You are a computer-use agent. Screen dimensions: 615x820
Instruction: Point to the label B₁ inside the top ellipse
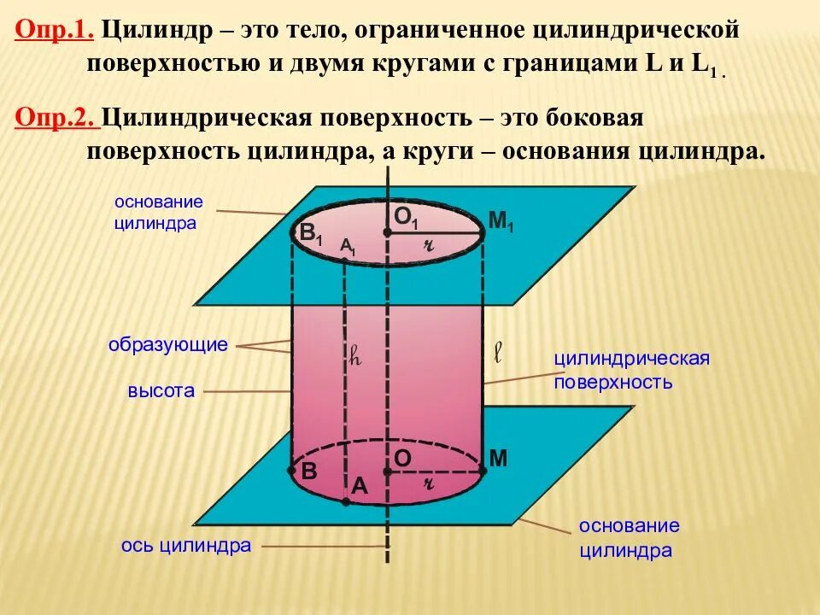309,233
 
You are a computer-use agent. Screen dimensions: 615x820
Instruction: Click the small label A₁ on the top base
348,247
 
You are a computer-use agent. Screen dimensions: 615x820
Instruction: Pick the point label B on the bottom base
308,471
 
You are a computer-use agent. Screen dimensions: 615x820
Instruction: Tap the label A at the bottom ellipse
359,486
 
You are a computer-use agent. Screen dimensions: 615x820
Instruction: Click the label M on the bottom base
499,459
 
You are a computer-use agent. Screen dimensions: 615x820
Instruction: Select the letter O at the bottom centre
402,459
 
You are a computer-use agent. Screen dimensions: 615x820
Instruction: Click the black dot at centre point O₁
388,231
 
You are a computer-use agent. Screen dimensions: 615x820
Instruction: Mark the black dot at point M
483,470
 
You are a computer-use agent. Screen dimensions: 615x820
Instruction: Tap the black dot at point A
345,502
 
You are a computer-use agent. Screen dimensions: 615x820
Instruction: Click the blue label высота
161,391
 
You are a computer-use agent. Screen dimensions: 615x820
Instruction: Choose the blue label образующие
168,345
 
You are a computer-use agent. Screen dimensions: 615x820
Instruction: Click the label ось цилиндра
185,545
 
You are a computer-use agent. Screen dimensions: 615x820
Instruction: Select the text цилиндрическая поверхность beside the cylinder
632,369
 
